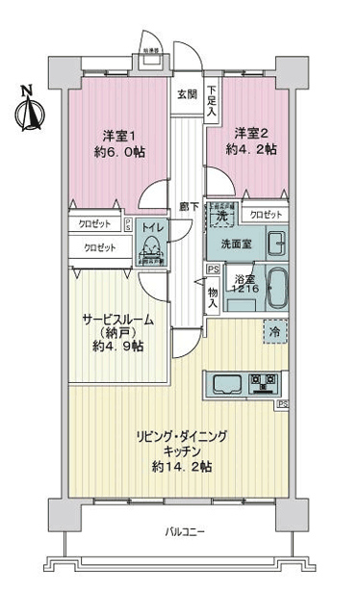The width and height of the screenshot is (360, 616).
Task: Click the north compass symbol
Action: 28,109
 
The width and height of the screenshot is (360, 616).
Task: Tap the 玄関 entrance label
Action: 186,94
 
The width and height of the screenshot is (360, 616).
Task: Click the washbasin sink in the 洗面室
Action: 275,242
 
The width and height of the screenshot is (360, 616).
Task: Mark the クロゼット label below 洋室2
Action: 261,215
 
